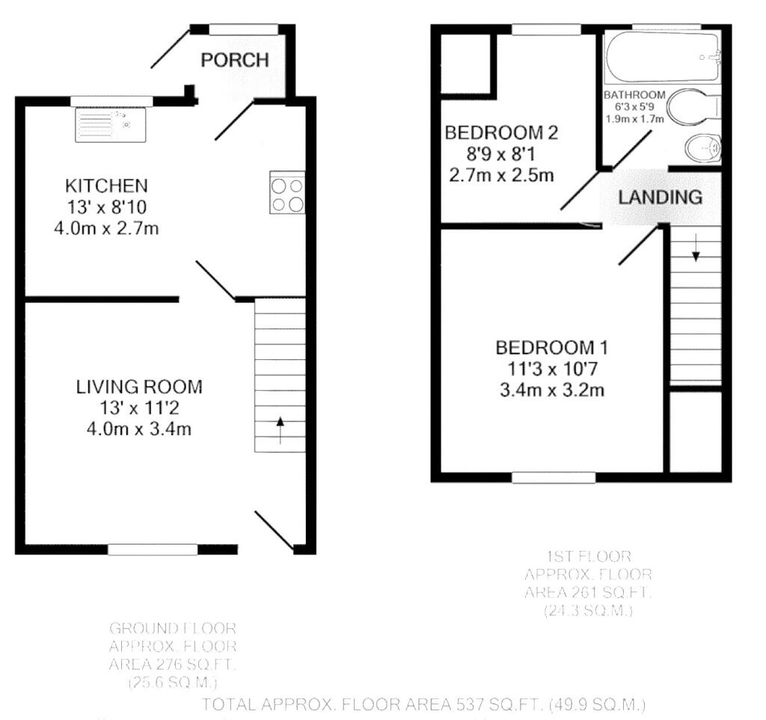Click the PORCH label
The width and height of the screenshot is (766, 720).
coord(234,61)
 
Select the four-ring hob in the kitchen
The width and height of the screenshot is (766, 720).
coord(288,193)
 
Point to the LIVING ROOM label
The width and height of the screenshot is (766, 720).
coord(139,387)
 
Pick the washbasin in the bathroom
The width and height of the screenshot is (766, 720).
coord(703,149)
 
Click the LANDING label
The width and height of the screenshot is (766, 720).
coord(660,198)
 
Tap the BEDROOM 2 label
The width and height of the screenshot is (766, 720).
coord(501,133)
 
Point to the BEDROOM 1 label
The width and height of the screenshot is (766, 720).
coord(552,347)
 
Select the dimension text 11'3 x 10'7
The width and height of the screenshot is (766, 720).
coord(552,368)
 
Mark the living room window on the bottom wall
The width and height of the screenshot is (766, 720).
coord(153,550)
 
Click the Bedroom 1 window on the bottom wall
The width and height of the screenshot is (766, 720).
coord(554,477)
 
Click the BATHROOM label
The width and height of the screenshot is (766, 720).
coord(634,95)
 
